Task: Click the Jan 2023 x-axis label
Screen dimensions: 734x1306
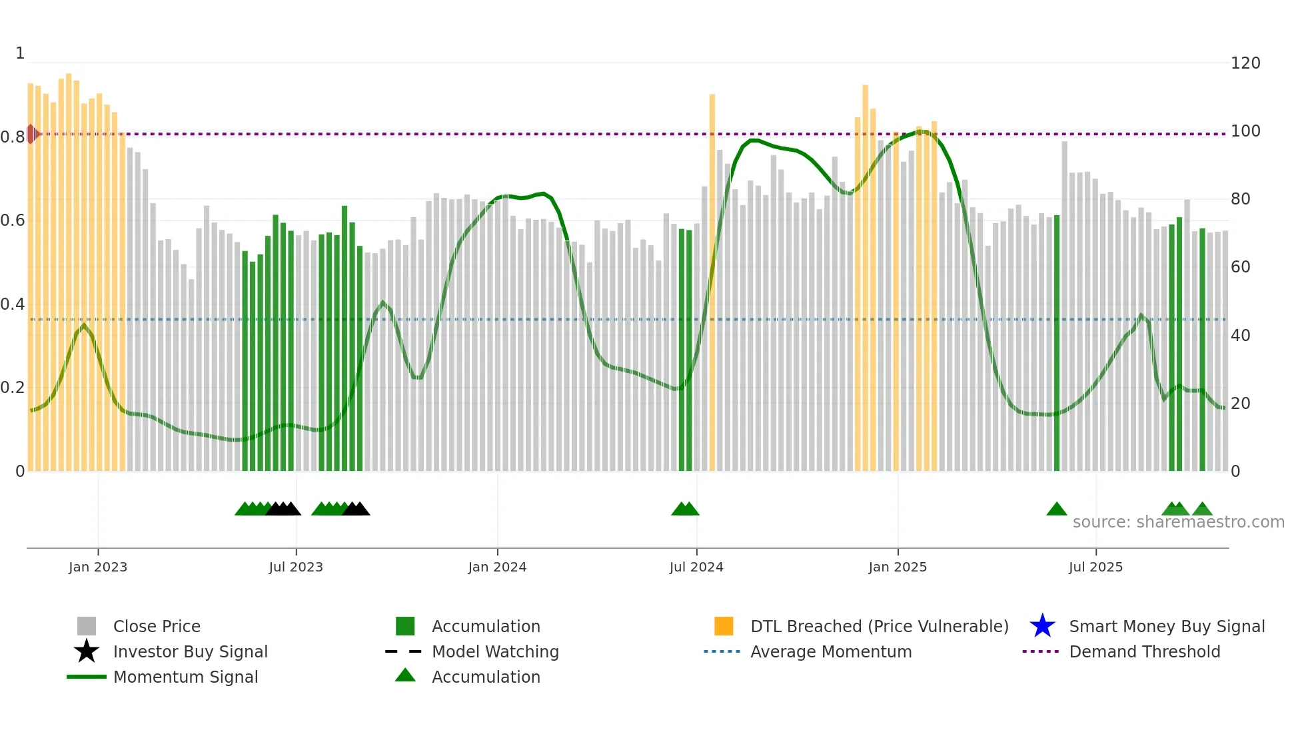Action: pyautogui.click(x=97, y=567)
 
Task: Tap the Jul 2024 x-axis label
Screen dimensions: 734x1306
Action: pyautogui.click(x=696, y=567)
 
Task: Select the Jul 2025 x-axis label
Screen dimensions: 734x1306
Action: pyautogui.click(x=1095, y=567)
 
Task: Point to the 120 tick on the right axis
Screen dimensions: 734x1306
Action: pyautogui.click(x=1245, y=63)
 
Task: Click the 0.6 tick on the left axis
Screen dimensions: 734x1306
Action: pyautogui.click(x=13, y=220)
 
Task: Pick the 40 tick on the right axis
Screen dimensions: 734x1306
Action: pyautogui.click(x=1240, y=336)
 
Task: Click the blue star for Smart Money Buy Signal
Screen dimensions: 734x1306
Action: pyautogui.click(x=1042, y=626)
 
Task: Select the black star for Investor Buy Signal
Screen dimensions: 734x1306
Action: pyautogui.click(x=87, y=651)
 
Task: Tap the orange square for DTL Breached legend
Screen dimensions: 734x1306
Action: pyautogui.click(x=724, y=626)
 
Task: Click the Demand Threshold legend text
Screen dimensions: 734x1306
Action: pyautogui.click(x=1144, y=651)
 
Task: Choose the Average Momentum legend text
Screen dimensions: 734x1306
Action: pyautogui.click(x=831, y=651)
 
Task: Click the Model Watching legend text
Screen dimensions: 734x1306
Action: pyautogui.click(x=495, y=651)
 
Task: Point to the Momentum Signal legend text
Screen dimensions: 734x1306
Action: pyautogui.click(x=185, y=677)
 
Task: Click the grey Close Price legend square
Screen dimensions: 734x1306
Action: pyautogui.click(x=87, y=626)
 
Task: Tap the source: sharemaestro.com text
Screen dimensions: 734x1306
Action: pyautogui.click(x=1178, y=522)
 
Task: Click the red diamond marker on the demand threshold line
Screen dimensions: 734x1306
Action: pyautogui.click(x=31, y=134)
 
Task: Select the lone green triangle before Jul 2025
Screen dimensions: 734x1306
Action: pyautogui.click(x=1056, y=510)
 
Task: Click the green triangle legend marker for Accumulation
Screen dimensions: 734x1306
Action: pyautogui.click(x=405, y=676)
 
